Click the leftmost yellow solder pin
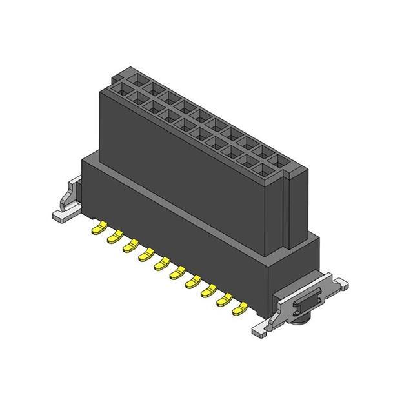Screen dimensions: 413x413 click(x=101, y=227)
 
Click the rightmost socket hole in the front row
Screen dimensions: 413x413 click(x=265, y=170)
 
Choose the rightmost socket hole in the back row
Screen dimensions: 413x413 click(x=281, y=161)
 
